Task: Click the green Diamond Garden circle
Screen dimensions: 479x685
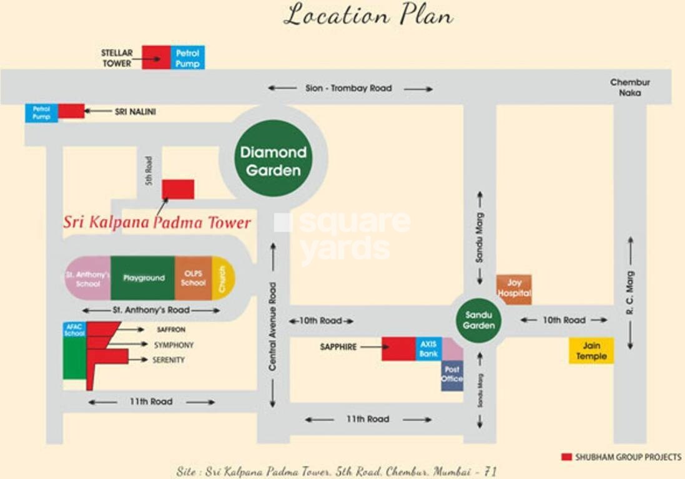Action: [x=274, y=161]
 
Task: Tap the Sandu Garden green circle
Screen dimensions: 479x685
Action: [x=479, y=320]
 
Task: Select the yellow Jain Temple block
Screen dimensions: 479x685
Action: [x=591, y=351]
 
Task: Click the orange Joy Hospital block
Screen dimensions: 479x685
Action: [x=514, y=289]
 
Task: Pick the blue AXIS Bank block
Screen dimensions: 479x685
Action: [x=428, y=349]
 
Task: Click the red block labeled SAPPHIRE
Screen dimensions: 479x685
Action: [x=398, y=349]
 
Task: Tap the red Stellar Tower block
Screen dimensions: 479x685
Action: [x=156, y=57]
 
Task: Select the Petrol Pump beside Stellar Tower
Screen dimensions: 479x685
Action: [x=187, y=57]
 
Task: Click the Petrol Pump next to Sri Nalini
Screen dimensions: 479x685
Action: [x=41, y=113]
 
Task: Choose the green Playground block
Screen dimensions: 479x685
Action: [x=143, y=278]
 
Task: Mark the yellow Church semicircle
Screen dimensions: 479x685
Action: [x=223, y=278]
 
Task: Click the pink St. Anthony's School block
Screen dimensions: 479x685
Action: [x=88, y=278]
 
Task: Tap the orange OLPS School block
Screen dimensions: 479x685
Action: [x=193, y=278]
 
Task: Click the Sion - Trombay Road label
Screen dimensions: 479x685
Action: [x=349, y=89]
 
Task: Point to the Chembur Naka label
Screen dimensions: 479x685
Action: [x=630, y=87]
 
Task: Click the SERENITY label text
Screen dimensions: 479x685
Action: [x=168, y=360]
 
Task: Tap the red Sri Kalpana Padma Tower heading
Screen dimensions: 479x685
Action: [x=157, y=223]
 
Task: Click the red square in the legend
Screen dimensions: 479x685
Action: [x=566, y=457]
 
